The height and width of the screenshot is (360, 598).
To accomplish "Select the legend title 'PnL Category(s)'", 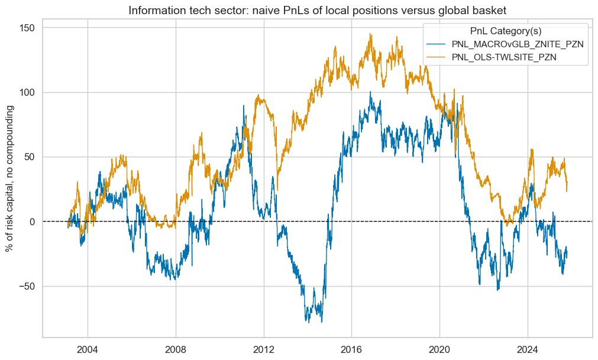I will [x=506, y=31].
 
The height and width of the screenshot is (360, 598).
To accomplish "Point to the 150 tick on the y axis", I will [x=27, y=28].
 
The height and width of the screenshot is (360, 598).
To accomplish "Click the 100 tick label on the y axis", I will [x=27, y=92].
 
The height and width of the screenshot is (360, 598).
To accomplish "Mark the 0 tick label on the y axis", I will [x=32, y=222].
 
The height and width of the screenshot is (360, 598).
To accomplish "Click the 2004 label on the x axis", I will [x=88, y=348].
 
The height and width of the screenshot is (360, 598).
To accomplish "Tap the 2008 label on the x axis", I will [x=176, y=348].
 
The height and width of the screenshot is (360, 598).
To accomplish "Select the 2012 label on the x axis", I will [x=264, y=348].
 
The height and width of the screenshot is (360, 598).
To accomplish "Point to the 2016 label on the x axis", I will [x=352, y=348].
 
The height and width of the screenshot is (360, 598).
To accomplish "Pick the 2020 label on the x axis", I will [x=440, y=348].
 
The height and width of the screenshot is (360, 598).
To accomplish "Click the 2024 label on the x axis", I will [x=528, y=348].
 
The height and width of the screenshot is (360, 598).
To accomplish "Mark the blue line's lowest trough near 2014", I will [x=321, y=322].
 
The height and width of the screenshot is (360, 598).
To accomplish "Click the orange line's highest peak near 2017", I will [x=370, y=34].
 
